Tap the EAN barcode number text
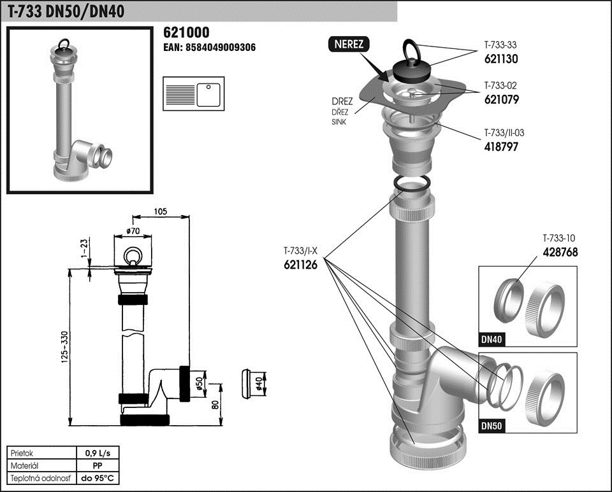click(x=210, y=48)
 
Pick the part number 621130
click(x=500, y=58)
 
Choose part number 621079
click(x=501, y=99)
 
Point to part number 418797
click(x=501, y=146)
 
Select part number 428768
click(x=560, y=252)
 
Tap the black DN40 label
click(x=492, y=339)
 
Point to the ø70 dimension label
click(x=134, y=230)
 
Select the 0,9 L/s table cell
click(x=98, y=453)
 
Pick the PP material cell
click(x=98, y=466)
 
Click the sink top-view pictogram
click(x=191, y=94)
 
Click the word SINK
click(x=339, y=122)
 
